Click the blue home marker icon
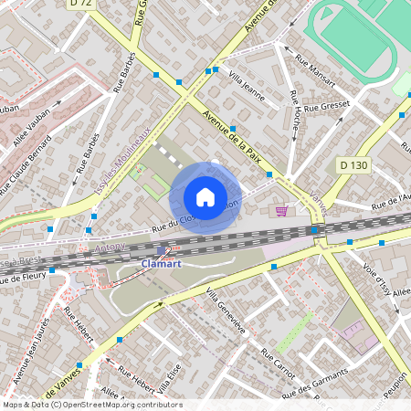click(x=205, y=197)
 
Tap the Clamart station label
click(x=161, y=264)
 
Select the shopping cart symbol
click(x=281, y=210)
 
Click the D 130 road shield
click(x=353, y=165)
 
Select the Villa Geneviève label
click(x=224, y=310)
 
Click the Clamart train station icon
click(x=162, y=249)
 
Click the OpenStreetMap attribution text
click(x=91, y=405)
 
